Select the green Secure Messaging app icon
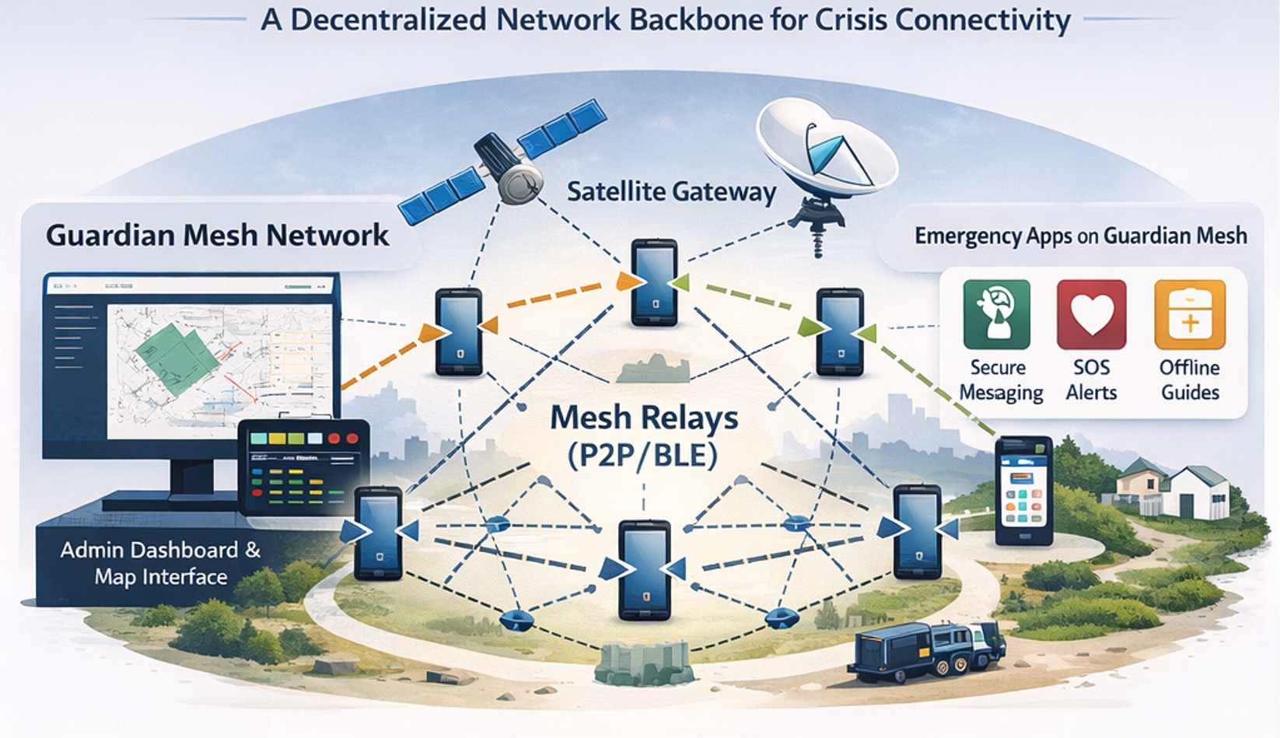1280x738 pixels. tap(996, 314)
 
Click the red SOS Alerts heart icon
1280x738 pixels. tap(1091, 314)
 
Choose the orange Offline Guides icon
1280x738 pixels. tap(1189, 314)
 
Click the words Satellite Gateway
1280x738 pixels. tap(671, 192)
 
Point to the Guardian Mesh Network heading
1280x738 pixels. tap(217, 236)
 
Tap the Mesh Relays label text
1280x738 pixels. tap(644, 418)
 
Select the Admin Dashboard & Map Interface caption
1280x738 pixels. tap(160, 563)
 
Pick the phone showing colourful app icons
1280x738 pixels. tap(1023, 491)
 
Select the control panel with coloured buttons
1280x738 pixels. tap(303, 467)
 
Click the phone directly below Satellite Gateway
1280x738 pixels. tap(653, 282)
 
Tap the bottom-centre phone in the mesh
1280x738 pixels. tap(644, 570)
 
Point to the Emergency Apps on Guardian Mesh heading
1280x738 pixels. tap(1080, 236)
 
